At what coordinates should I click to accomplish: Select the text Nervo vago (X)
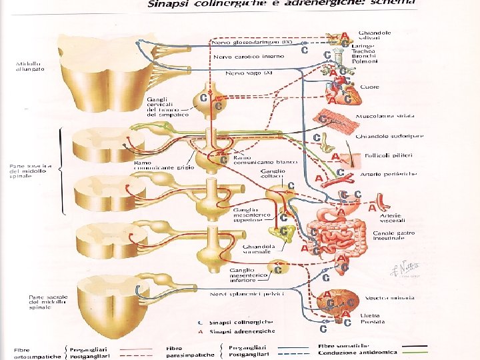[249, 72]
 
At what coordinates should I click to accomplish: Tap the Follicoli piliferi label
[389, 155]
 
